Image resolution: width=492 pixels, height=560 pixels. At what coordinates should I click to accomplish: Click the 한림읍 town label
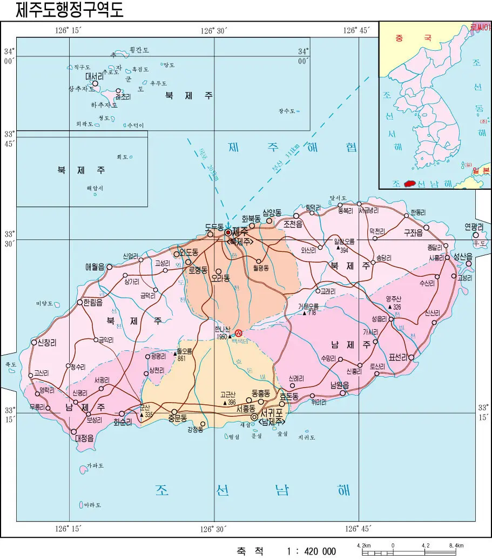tap(96, 303)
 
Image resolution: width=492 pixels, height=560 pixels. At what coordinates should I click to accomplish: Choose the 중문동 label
tap(177, 418)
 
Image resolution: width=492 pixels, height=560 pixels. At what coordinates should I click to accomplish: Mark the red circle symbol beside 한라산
tap(239, 334)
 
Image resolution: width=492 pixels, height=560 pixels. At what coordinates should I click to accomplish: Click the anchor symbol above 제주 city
tap(228, 224)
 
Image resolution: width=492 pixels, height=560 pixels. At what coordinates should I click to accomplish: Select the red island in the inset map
tap(412, 184)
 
